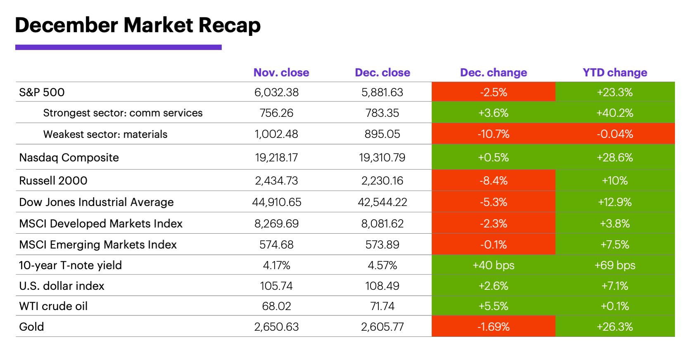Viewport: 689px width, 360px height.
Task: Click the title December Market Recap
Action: (x=138, y=25)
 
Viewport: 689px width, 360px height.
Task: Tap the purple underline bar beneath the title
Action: (x=118, y=47)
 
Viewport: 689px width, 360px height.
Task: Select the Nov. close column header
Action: (x=281, y=73)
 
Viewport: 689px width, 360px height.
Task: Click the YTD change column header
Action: (x=615, y=73)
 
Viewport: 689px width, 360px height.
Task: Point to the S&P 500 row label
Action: (x=42, y=92)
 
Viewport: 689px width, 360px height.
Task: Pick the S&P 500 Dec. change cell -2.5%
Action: (x=493, y=92)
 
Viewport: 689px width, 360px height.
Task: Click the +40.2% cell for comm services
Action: (x=615, y=113)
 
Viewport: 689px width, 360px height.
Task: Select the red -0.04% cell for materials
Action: (x=615, y=134)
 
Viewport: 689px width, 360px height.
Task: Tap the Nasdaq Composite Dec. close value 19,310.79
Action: (x=382, y=157)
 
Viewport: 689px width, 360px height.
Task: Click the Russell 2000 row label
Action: (x=53, y=180)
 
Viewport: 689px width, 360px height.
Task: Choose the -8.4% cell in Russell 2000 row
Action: (x=493, y=180)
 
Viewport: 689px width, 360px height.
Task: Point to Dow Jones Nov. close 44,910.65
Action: (x=276, y=202)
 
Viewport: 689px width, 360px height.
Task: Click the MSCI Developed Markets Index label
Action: (x=101, y=223)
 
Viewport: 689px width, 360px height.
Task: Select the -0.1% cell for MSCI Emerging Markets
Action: (x=493, y=244)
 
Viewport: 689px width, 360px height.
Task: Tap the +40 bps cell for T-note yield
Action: (x=493, y=265)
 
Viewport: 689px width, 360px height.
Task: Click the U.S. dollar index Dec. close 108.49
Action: (x=382, y=286)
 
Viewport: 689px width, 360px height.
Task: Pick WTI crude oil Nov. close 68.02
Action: (x=276, y=306)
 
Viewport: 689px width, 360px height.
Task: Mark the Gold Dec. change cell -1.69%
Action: (x=493, y=327)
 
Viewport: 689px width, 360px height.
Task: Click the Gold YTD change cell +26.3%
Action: (x=615, y=327)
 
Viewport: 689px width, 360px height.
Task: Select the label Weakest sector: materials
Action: (x=105, y=134)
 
